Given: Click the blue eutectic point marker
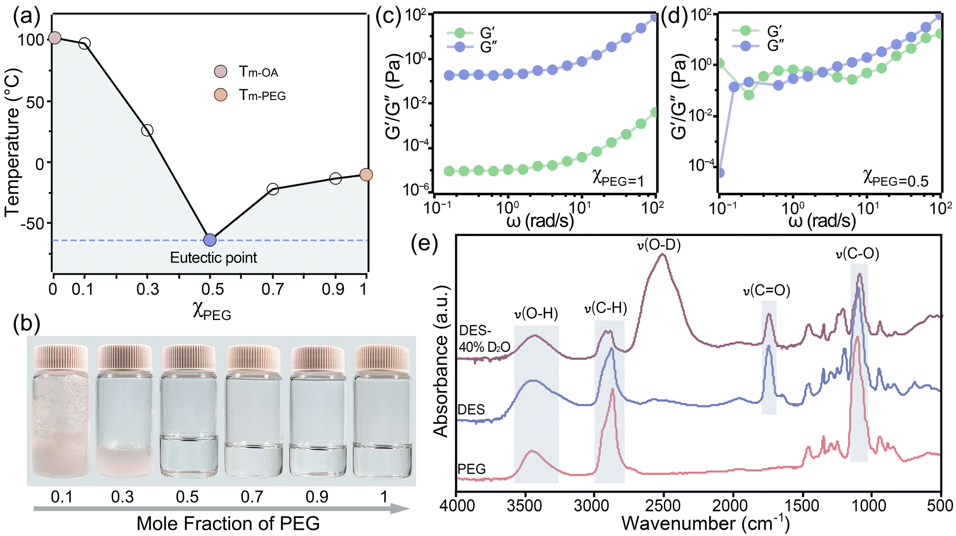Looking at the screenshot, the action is (x=210, y=239).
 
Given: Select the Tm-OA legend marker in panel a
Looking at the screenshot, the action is (x=221, y=72).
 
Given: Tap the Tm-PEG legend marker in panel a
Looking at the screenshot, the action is (x=221, y=95).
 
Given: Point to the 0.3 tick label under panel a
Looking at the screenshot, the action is (x=147, y=289).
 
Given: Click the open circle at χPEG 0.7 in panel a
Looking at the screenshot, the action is (x=273, y=189).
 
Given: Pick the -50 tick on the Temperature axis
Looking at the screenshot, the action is (x=33, y=223).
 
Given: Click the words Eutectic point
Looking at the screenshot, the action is (x=213, y=258).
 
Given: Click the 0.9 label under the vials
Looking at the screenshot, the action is (x=317, y=497).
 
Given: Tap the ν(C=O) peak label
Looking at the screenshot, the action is (x=766, y=291).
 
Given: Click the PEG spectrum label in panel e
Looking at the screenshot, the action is (x=472, y=469).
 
